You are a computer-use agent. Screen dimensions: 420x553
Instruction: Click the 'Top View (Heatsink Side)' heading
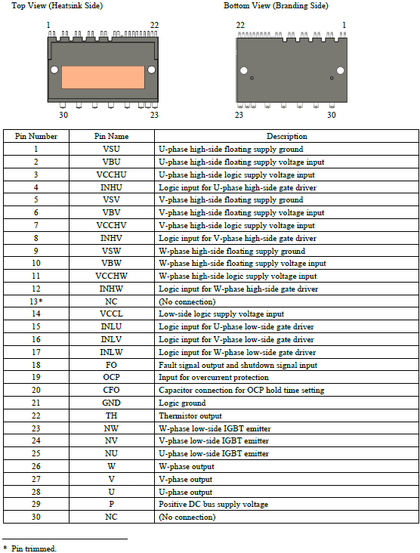[x=57, y=6]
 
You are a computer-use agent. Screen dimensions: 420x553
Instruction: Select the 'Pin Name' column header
[x=111, y=136]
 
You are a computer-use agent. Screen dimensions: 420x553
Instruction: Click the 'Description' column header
[x=286, y=136]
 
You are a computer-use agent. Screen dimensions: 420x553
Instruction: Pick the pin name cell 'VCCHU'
[x=111, y=175]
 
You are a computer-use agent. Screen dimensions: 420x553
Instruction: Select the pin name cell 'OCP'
[x=111, y=378]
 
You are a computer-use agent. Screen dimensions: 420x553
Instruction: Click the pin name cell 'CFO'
[x=111, y=391]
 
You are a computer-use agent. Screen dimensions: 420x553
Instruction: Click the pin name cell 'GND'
[x=111, y=403]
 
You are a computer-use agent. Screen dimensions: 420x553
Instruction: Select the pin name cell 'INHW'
[x=111, y=289]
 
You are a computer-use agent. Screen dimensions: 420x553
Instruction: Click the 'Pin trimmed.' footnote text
[x=35, y=548]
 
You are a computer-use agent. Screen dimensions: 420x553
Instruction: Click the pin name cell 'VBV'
[x=111, y=212]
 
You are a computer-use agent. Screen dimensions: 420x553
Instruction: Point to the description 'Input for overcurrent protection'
[x=213, y=378]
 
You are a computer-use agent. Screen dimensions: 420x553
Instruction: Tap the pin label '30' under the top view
[x=63, y=115]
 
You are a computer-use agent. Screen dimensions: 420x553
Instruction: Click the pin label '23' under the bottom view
[x=239, y=115]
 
